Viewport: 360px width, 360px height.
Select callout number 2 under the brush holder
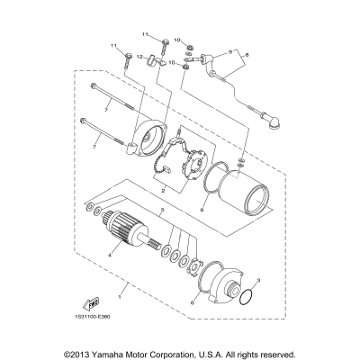coord(162,192)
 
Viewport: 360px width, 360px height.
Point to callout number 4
coord(112,256)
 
